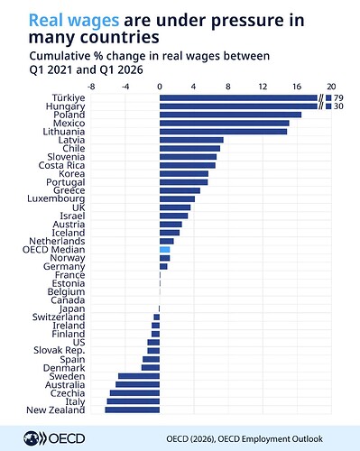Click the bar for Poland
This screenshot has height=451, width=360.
coord(230,115)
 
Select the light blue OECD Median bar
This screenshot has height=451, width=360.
coord(164,249)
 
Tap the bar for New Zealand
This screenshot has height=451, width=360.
coord(133,410)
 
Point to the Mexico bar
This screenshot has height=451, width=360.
coord(225,123)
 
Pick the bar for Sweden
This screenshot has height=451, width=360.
coord(139,376)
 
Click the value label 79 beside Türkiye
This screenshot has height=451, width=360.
coord(338,98)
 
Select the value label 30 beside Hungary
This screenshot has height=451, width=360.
coord(338,106)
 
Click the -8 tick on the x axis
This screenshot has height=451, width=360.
coord(91,87)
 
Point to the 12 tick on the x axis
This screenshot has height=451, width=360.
coord(263,87)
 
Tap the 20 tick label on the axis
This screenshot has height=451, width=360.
coord(331,87)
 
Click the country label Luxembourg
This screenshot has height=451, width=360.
coord(56,198)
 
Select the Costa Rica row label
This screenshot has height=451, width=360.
coord(61,165)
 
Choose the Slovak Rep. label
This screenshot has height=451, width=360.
coord(60,351)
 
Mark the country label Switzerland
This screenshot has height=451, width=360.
coord(59,317)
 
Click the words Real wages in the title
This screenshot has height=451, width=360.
coord(74,21)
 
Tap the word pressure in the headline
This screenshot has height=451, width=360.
coord(247,21)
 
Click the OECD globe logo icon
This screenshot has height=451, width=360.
coord(31,438)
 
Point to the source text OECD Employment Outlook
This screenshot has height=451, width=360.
coord(270,439)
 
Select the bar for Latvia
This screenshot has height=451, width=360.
coord(191,140)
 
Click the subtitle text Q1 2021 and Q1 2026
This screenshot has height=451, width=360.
coord(87,69)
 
